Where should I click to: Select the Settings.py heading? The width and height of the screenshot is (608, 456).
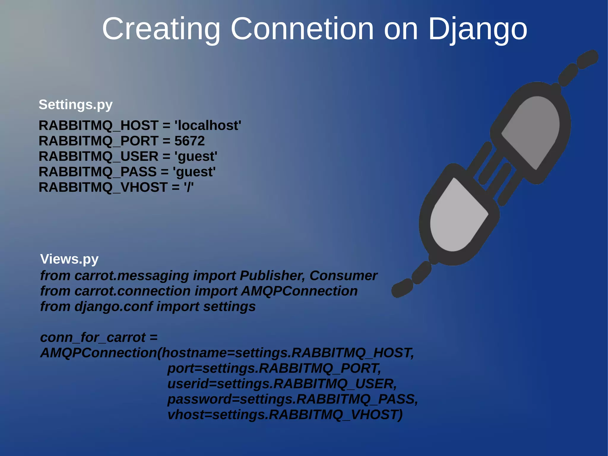(75, 105)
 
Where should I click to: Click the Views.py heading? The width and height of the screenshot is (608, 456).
(69, 259)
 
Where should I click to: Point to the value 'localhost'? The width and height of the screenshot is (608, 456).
(208, 126)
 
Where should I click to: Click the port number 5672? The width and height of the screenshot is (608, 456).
(189, 141)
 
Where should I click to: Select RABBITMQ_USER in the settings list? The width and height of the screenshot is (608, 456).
(98, 157)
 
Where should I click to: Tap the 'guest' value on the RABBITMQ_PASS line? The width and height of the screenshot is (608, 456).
(194, 172)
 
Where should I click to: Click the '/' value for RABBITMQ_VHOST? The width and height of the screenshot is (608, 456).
(189, 187)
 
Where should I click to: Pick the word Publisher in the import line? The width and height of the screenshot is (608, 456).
(272, 276)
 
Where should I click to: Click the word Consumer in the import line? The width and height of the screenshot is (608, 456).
(343, 276)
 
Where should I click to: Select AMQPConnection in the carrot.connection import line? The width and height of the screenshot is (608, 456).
(299, 291)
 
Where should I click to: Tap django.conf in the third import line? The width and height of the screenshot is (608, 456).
(113, 307)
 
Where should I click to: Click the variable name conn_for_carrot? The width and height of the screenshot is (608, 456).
(93, 337)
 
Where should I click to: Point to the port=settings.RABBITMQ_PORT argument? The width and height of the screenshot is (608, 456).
(274, 368)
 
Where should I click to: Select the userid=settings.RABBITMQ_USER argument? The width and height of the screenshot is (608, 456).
(282, 384)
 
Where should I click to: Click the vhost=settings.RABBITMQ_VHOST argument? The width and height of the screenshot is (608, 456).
(285, 415)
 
